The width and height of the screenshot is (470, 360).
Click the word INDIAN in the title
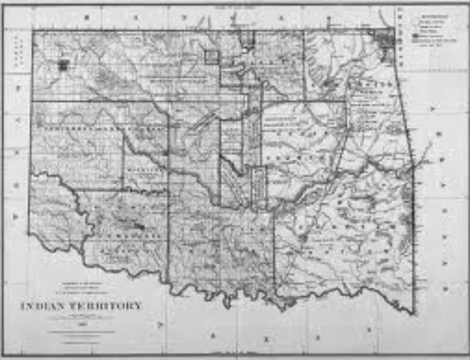tap(47, 306)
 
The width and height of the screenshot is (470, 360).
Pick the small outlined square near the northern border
tap(211, 56)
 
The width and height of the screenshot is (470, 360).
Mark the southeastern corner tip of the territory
tap(412, 313)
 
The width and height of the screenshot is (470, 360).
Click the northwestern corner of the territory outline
tap(32, 31)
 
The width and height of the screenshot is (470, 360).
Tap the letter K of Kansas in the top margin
tap(87, 15)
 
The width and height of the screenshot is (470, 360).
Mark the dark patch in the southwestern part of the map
tap(137, 224)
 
